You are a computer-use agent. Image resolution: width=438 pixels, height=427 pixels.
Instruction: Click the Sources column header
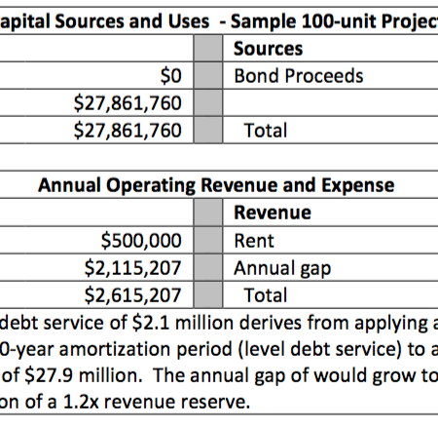click(x=268, y=49)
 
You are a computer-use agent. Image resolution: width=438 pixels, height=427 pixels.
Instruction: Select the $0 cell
click(x=170, y=76)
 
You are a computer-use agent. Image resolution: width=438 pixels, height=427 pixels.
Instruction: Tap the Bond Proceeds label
click(x=299, y=76)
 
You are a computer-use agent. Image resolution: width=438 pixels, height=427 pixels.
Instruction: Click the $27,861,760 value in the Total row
click(x=128, y=131)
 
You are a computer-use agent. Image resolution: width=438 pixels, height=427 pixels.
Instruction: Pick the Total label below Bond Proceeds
click(x=266, y=131)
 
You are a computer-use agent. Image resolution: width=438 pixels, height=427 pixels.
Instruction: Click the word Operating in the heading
click(x=151, y=185)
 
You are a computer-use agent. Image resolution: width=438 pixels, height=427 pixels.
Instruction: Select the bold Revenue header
click(x=273, y=213)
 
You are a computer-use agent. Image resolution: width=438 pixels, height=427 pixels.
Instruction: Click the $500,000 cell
click(x=141, y=241)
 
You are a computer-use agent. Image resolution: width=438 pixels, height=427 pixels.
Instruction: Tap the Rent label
click(x=254, y=241)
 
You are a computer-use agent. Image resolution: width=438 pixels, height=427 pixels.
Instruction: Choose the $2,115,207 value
click(x=132, y=268)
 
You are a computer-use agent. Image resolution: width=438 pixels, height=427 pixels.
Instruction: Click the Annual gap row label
click(x=282, y=269)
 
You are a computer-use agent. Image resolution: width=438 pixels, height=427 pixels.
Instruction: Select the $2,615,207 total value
click(x=132, y=295)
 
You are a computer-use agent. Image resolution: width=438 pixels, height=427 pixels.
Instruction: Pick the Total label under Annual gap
click(x=266, y=295)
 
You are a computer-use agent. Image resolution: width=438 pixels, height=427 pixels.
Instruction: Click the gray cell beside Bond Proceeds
click(x=208, y=76)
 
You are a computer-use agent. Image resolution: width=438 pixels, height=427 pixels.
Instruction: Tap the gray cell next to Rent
click(x=208, y=241)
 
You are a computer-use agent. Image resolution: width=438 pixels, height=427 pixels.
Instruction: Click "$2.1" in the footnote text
click(x=151, y=323)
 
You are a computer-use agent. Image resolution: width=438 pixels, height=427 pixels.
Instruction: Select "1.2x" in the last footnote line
click(x=81, y=402)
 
